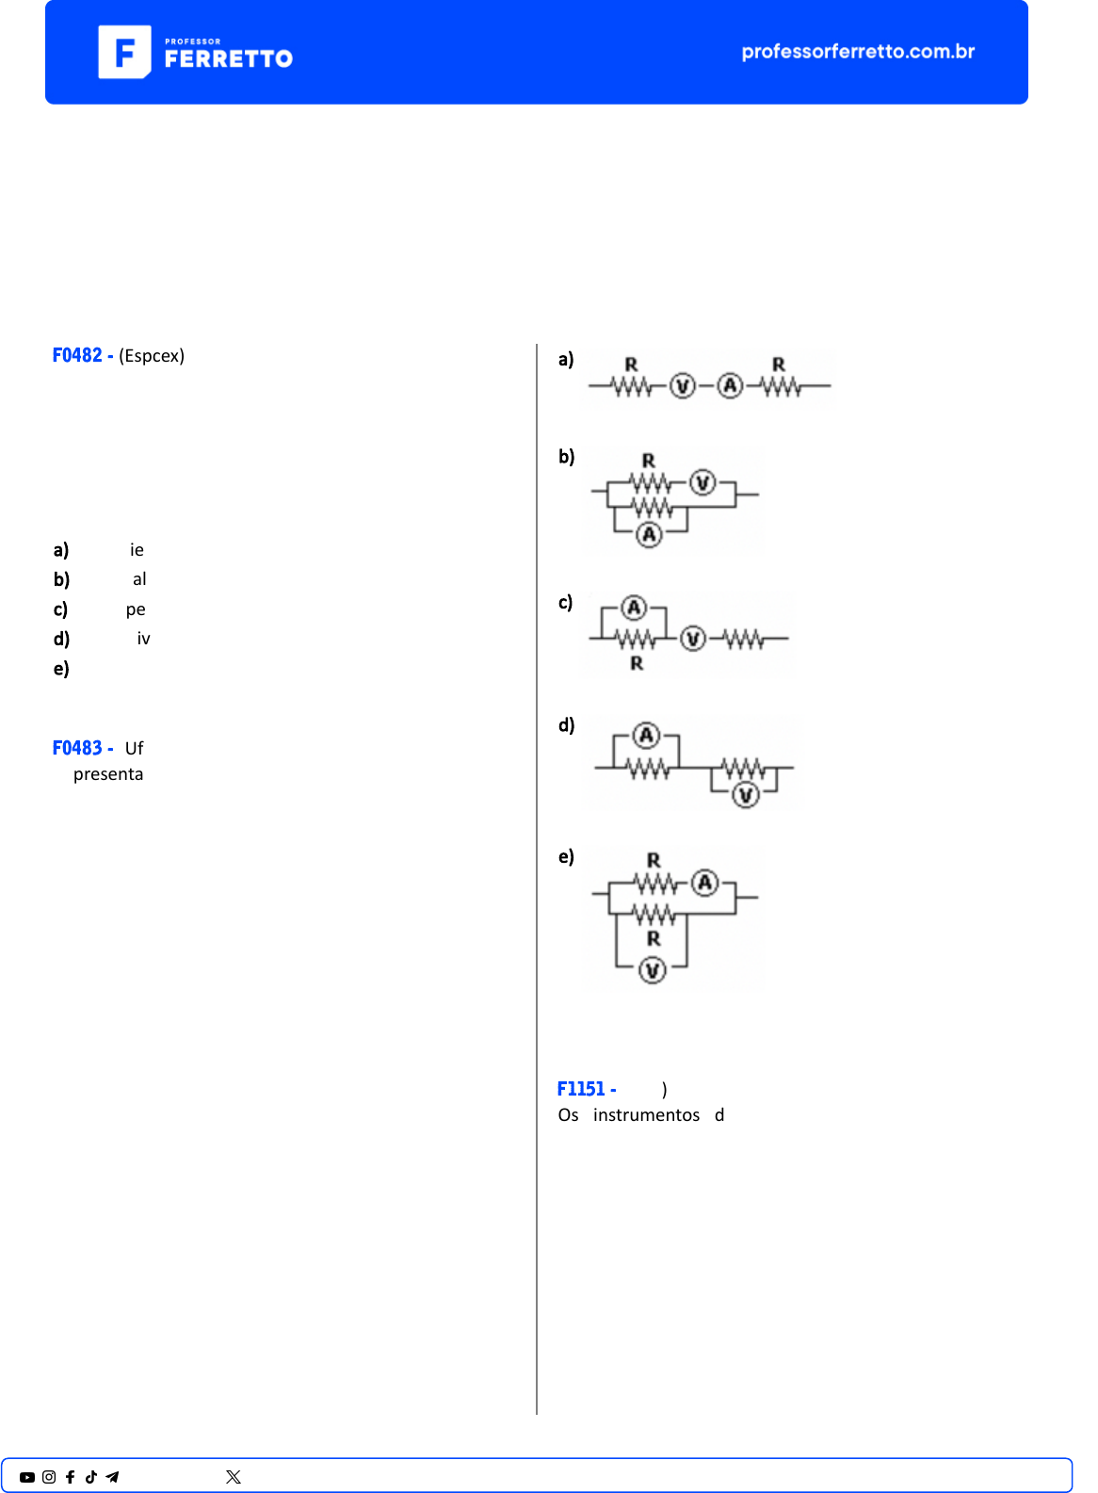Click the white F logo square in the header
coord(124,52)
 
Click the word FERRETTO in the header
coord(229,59)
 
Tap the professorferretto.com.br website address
coord(858,52)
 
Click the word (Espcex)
coord(152,356)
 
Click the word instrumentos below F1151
coord(646,1115)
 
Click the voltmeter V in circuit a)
coord(683,386)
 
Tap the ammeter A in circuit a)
coord(730,386)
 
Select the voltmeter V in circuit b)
coord(702,483)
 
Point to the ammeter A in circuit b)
coord(649,534)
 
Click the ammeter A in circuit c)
coord(634,608)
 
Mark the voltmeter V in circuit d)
coord(746,795)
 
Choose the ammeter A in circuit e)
coord(705,884)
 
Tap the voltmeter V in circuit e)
coord(653,970)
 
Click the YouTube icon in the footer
coord(27,1477)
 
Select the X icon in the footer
coord(234,1477)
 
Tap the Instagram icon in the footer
coord(49,1477)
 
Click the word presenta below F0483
coord(108,774)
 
